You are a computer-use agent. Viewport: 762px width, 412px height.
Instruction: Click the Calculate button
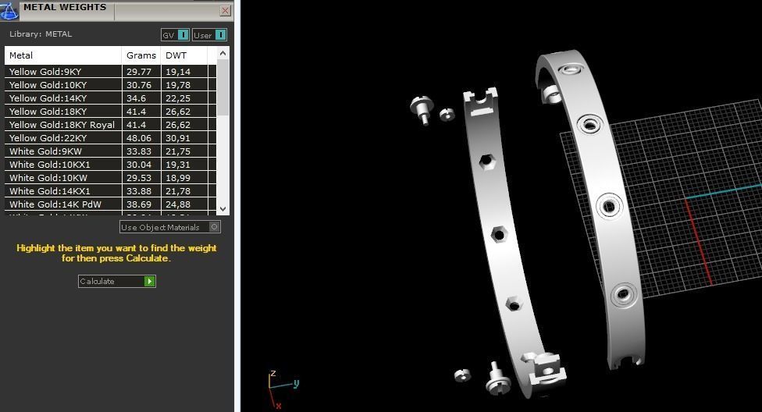(x=116, y=281)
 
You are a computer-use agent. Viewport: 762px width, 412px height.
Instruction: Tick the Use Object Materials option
(x=215, y=227)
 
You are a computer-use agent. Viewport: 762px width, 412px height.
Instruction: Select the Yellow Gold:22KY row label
(x=48, y=138)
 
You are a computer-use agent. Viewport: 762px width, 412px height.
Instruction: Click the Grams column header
(x=141, y=55)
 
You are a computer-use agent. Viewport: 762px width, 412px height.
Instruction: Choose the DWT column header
(x=176, y=55)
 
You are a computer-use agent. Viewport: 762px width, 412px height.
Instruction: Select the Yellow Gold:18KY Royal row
(x=62, y=125)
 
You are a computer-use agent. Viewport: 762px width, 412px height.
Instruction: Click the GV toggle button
(x=175, y=35)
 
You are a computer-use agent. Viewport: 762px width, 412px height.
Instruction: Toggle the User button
(x=209, y=35)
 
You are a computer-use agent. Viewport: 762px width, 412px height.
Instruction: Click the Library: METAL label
(x=41, y=34)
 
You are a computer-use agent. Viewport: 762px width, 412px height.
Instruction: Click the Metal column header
(x=21, y=55)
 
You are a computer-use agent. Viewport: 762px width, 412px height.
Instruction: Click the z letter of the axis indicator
(x=272, y=374)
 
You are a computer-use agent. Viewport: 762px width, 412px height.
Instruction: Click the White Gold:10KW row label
(x=48, y=178)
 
